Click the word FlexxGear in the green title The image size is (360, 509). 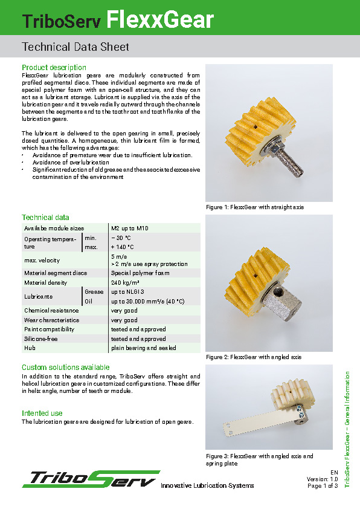tap(160, 21)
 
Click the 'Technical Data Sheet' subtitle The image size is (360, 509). tap(75, 47)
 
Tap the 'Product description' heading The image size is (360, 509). tap(54, 67)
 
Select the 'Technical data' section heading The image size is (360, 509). tap(45, 218)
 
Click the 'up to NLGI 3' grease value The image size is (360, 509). tap(128, 292)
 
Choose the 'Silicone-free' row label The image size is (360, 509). tap(40, 339)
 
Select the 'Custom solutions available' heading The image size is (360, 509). tap(66, 368)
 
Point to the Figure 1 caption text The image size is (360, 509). tap(255, 207)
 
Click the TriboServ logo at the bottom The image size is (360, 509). tap(91, 478)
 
